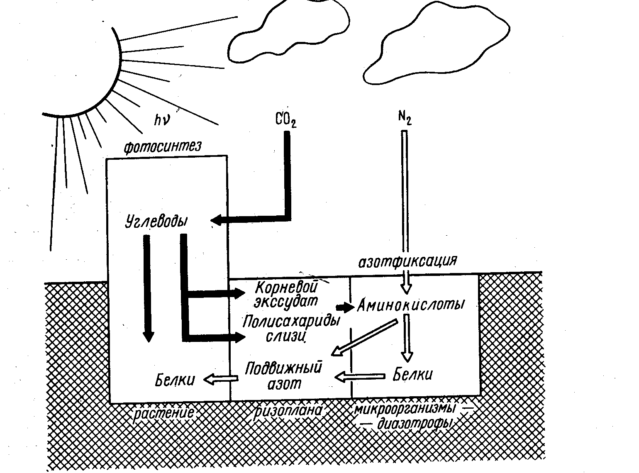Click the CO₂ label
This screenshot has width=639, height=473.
point(286,121)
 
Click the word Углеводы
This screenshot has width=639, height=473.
point(156,221)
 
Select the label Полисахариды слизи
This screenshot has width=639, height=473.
point(291,328)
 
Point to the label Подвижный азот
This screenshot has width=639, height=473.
point(284,375)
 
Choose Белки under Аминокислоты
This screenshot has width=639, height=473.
point(412,375)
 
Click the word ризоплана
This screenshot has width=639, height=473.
point(289,411)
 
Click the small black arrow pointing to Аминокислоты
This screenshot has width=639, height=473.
point(344,307)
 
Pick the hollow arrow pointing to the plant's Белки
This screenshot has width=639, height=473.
point(220,378)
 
